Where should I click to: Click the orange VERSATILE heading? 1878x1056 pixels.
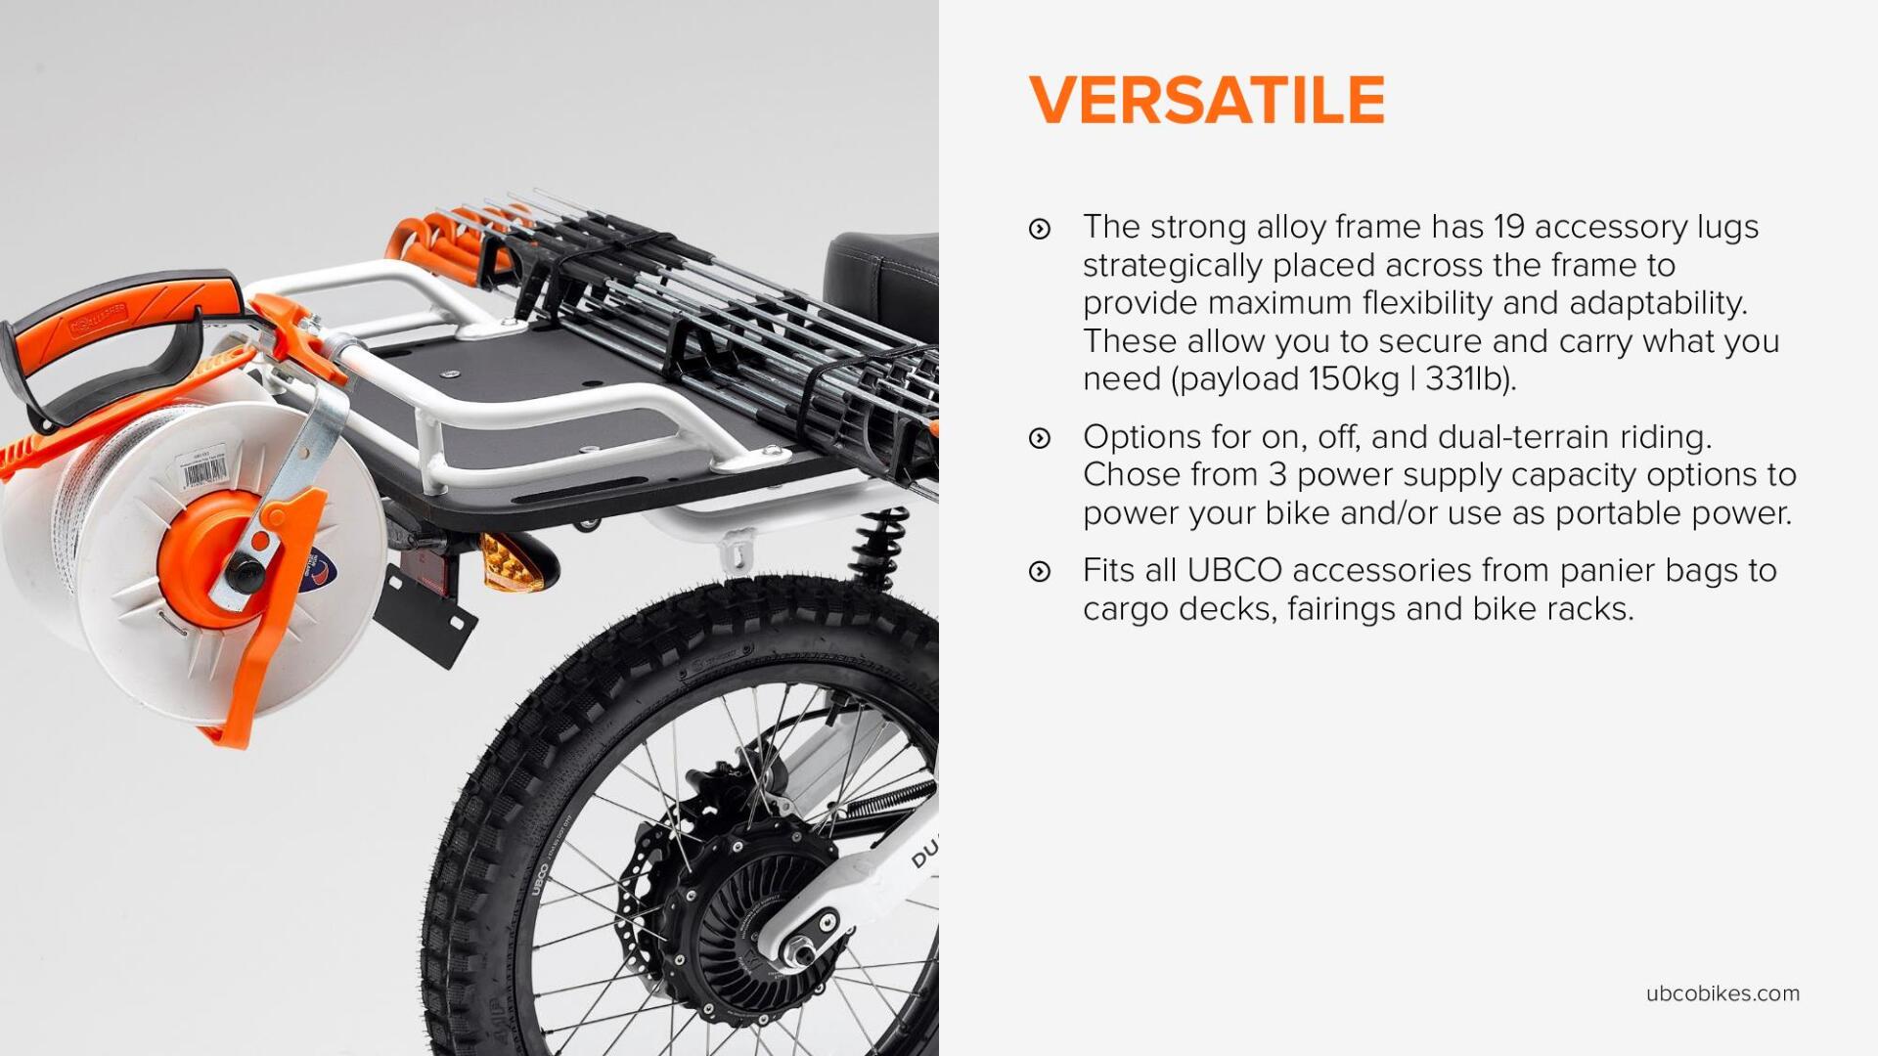[1207, 100]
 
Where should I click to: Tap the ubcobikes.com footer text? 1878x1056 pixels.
[1722, 993]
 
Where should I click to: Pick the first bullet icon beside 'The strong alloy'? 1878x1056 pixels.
[1040, 229]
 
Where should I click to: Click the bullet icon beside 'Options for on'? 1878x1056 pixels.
[1040, 438]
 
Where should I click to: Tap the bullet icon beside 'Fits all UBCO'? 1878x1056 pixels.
[1040, 572]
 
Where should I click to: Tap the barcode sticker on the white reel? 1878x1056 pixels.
[204, 472]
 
